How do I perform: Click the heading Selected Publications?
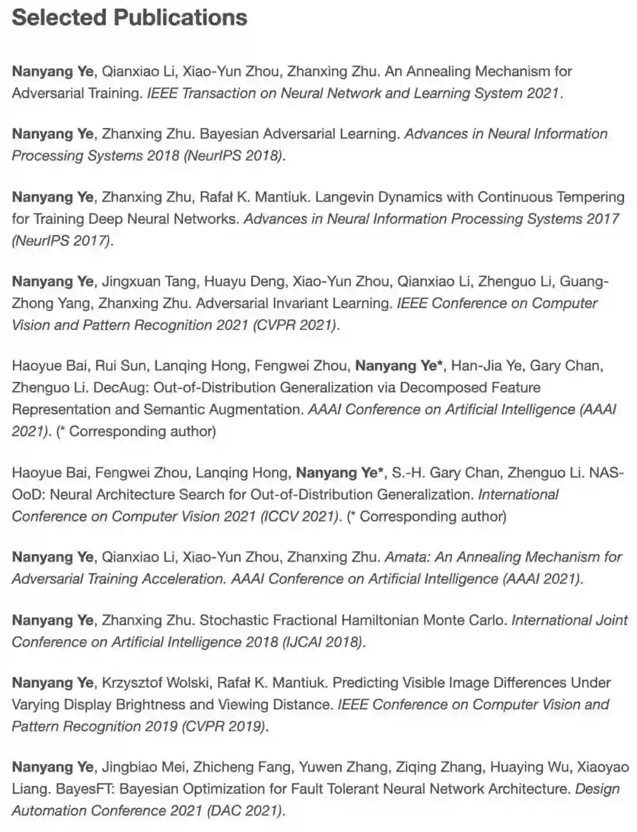click(129, 18)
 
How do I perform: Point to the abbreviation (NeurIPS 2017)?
click(61, 240)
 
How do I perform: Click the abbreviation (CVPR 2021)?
click(295, 325)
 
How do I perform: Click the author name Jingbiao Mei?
click(145, 767)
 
